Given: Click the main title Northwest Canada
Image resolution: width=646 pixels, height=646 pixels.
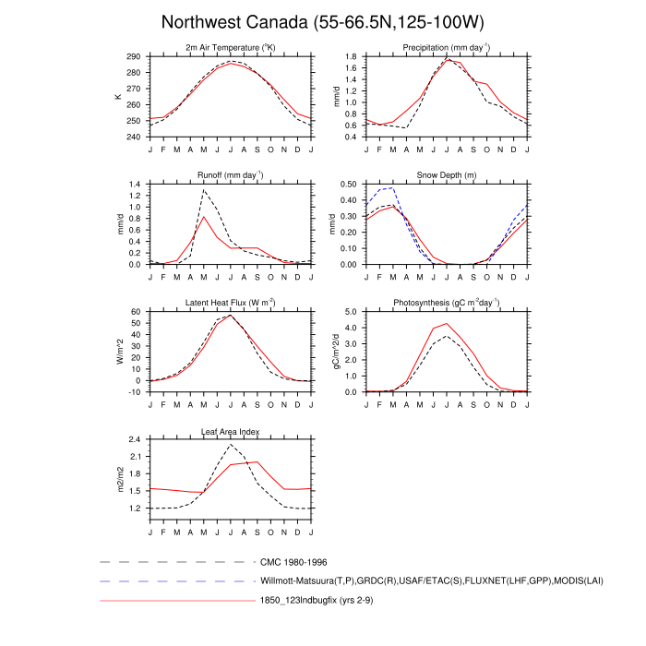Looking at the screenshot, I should click(x=322, y=21).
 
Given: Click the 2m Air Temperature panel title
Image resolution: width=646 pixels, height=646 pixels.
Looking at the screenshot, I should click(x=231, y=47).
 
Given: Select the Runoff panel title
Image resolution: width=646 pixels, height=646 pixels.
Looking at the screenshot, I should click(x=231, y=174).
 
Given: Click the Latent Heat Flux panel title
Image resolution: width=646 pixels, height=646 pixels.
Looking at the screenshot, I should click(x=231, y=303).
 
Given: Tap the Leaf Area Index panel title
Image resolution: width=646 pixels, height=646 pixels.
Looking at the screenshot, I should click(x=231, y=430).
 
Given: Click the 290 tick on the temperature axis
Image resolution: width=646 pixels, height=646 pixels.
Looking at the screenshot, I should click(x=134, y=57).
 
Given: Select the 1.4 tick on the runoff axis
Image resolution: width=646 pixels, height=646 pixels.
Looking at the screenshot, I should click(x=136, y=185).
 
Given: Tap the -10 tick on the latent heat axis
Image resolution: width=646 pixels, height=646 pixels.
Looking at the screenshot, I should click(x=134, y=392).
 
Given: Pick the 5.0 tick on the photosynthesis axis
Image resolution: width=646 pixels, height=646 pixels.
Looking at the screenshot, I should click(x=351, y=312).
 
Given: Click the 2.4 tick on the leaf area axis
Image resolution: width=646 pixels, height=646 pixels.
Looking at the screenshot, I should click(x=136, y=439).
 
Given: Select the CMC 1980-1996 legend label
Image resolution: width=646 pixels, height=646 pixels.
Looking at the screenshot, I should click(x=293, y=561).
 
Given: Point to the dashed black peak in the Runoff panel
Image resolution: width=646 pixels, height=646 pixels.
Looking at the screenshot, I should click(x=204, y=191).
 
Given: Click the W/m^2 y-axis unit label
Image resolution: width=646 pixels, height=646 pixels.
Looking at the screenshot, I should click(x=118, y=352).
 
